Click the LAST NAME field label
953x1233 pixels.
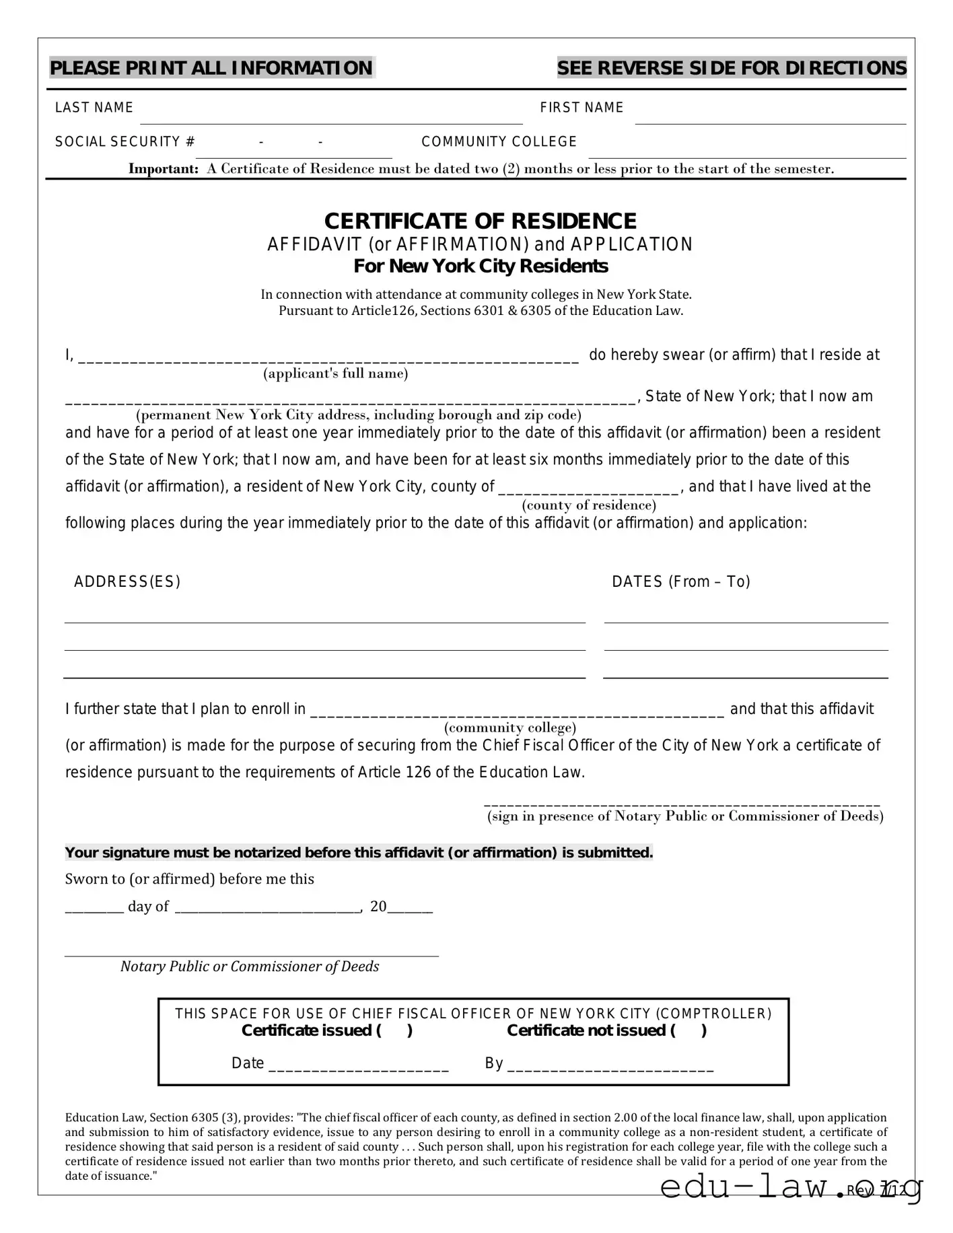click(94, 108)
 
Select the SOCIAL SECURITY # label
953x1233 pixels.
click(125, 142)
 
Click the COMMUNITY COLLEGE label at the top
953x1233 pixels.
click(499, 142)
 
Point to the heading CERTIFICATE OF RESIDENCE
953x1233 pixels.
click(480, 221)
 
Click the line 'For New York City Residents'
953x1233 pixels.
click(481, 267)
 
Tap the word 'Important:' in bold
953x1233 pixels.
click(164, 169)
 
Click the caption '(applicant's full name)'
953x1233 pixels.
click(335, 374)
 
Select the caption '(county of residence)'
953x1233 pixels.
click(589, 505)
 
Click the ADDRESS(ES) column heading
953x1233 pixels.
click(127, 582)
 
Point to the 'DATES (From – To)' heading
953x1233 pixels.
click(680, 582)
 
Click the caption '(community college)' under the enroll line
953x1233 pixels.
click(510, 728)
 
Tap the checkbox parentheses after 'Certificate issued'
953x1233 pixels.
click(395, 1030)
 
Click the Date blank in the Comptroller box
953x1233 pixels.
click(358, 1065)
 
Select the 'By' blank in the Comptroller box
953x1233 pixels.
click(610, 1065)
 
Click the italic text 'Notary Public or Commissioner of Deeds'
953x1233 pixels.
click(250, 967)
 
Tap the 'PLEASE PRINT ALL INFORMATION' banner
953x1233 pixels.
click(211, 68)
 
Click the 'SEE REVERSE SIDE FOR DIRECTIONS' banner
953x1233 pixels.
click(732, 68)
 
